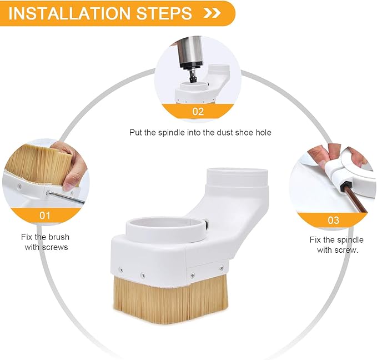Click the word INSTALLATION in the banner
(69, 13)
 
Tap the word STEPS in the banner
(164, 13)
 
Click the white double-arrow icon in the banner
(212, 13)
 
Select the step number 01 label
(45, 216)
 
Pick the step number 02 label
(198, 112)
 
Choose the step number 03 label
(334, 220)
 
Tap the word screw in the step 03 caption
(345, 250)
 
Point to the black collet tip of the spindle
(193, 77)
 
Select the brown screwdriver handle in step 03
(355, 199)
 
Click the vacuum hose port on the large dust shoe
(237, 178)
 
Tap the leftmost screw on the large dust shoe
(120, 270)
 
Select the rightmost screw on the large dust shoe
(222, 268)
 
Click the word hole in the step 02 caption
(263, 132)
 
